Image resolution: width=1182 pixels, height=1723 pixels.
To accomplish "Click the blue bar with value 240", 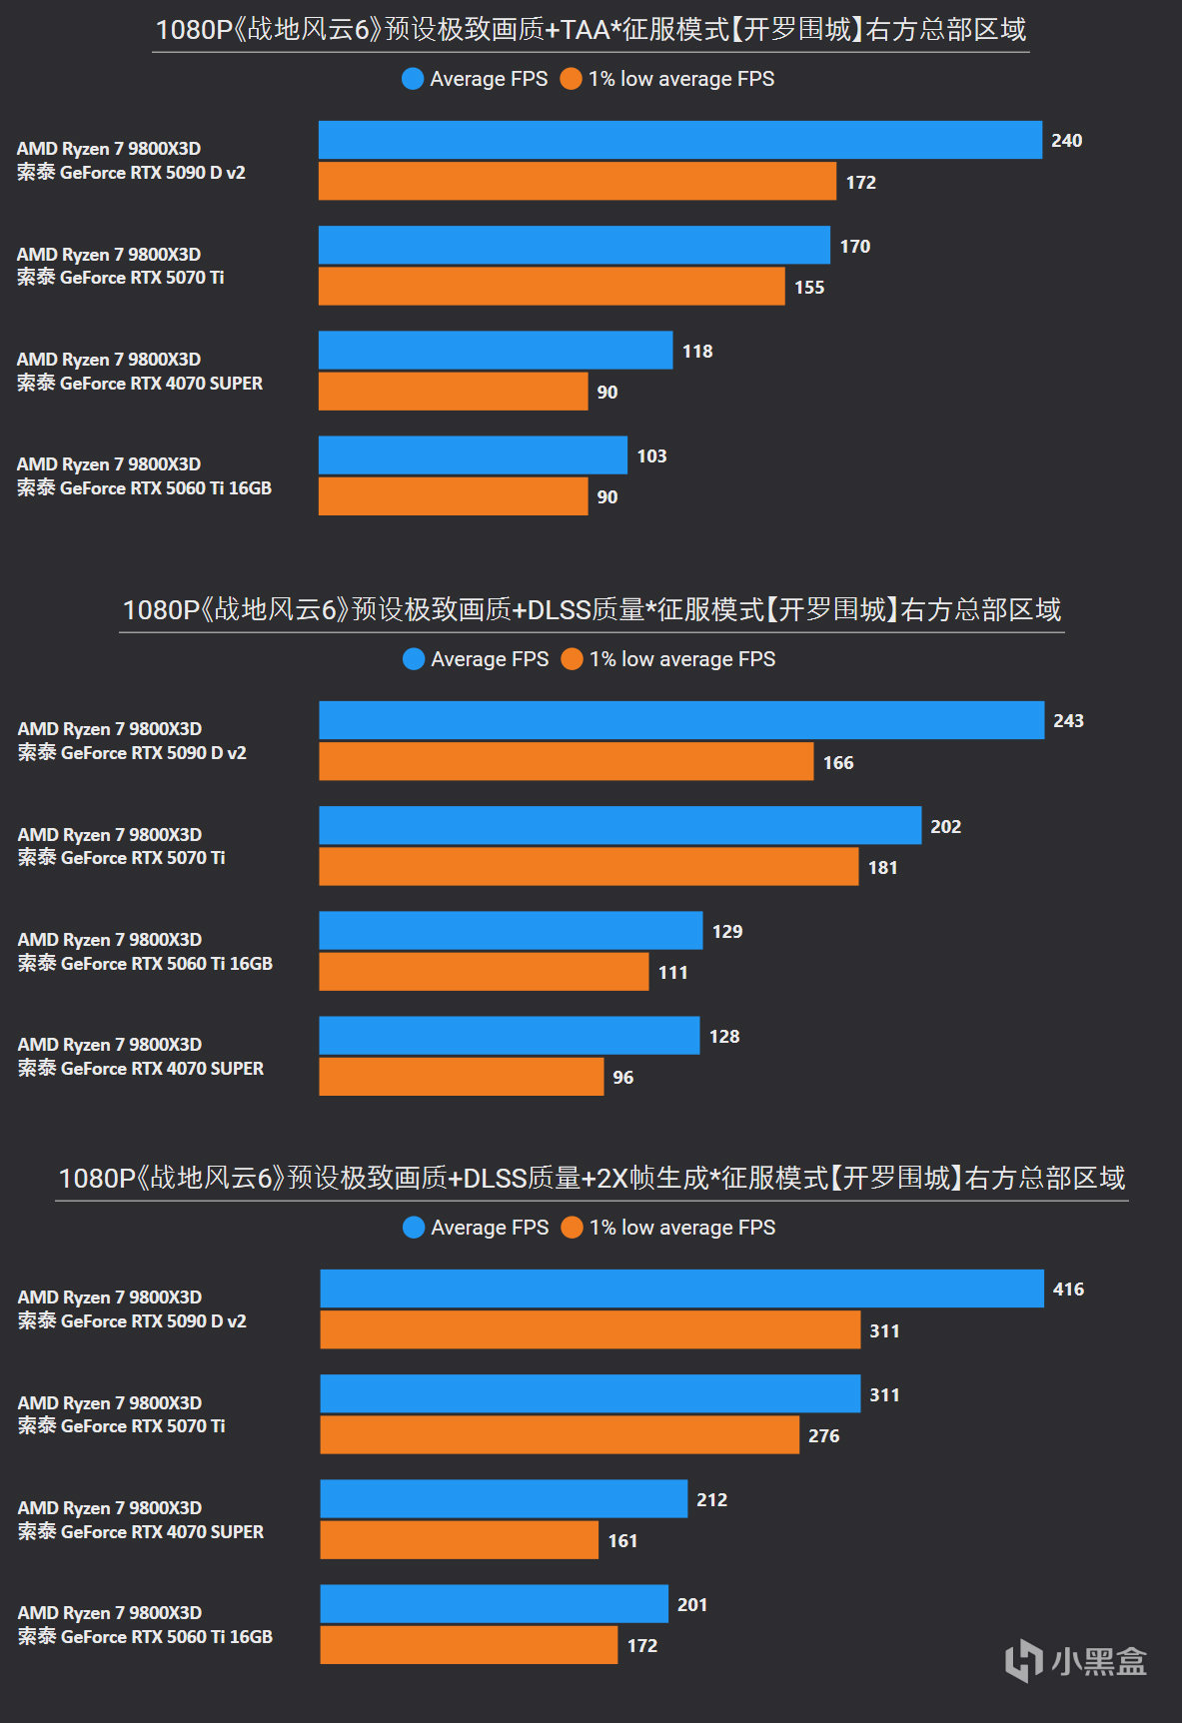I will click(679, 140).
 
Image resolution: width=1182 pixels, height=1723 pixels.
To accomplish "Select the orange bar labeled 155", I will click(552, 287).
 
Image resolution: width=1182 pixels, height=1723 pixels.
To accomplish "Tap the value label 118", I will click(697, 352).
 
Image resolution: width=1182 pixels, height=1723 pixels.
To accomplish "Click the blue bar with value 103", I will click(473, 455).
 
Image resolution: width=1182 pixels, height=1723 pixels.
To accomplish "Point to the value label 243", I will click(1068, 721).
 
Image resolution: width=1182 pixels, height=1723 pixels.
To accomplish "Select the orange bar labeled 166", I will click(566, 762).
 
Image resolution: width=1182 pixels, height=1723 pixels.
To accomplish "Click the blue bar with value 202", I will click(619, 826).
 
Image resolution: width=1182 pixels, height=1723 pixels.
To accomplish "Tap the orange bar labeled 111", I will click(484, 972).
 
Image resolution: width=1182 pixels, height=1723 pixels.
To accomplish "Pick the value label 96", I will click(623, 1078).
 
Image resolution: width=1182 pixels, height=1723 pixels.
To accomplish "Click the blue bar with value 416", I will click(681, 1289).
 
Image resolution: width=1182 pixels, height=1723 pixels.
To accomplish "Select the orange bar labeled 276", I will click(560, 1435).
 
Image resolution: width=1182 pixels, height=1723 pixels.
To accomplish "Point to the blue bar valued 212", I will click(504, 1499).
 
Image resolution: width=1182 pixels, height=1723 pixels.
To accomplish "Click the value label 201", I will click(692, 1605).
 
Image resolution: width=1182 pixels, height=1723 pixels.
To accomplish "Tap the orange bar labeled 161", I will click(459, 1540).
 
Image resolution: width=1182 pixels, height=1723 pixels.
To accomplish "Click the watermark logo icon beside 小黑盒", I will click(1024, 1660).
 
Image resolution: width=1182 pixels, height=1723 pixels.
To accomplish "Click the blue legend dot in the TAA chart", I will click(413, 79).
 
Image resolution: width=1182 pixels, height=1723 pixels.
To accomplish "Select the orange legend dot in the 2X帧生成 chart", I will click(572, 1228).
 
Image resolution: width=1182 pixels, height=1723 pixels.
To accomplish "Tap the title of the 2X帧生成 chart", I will click(591, 1179).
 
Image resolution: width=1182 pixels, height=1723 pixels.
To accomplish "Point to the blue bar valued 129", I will click(511, 931).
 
